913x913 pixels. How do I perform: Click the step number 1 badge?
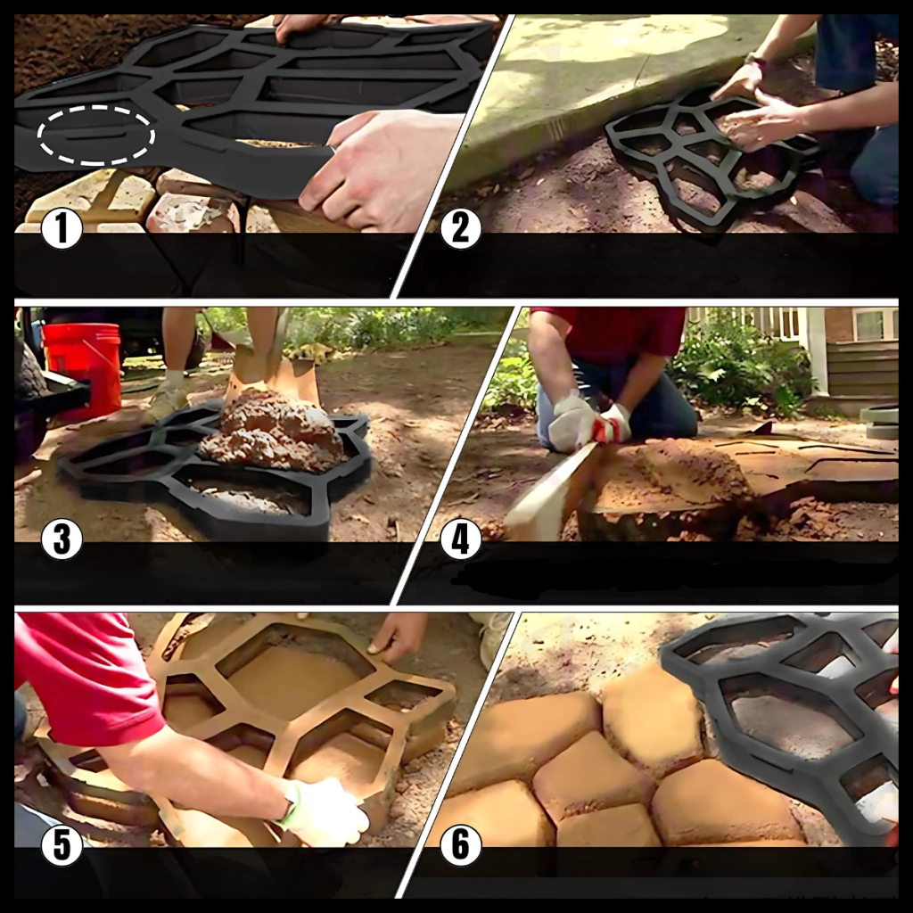tap(62, 229)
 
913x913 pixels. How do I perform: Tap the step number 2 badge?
tap(461, 229)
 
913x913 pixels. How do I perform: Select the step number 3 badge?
tap(62, 539)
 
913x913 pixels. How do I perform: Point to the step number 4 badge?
tap(461, 539)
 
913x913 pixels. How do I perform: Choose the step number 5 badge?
tap(62, 845)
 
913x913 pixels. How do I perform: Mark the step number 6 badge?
tap(461, 845)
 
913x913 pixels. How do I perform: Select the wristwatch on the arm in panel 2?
tap(754, 60)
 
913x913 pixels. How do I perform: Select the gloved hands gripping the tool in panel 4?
tap(588, 422)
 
